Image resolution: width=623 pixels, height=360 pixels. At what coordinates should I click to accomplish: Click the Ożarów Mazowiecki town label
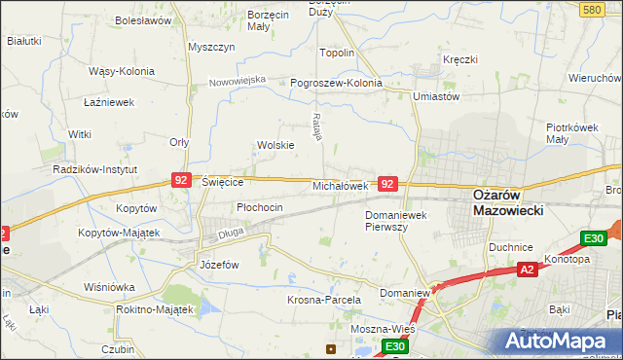pyautogui.click(x=507, y=201)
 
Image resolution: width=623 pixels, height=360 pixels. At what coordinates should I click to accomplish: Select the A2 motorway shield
pyautogui.click(x=527, y=270)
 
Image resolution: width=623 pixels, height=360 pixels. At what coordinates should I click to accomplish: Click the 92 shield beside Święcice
pyautogui.click(x=181, y=180)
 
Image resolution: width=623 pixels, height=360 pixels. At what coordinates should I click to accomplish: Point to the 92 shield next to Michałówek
pyautogui.click(x=387, y=183)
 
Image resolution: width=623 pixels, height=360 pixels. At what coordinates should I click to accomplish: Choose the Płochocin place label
pyautogui.click(x=260, y=207)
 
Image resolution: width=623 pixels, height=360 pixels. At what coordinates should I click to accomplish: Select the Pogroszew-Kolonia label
pyautogui.click(x=337, y=83)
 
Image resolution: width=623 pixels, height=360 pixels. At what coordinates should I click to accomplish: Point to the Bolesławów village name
pyautogui.click(x=143, y=19)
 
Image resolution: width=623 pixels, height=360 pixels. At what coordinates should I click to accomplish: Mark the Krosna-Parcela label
pyautogui.click(x=324, y=301)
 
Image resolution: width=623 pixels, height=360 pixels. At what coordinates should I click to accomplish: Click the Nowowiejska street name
pyautogui.click(x=238, y=81)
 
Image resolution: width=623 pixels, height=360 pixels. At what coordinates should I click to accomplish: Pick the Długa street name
pyautogui.click(x=231, y=231)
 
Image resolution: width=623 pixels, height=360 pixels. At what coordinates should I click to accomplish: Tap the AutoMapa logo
pyautogui.click(x=555, y=340)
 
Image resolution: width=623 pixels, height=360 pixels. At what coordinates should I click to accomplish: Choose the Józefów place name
pyautogui.click(x=219, y=264)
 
